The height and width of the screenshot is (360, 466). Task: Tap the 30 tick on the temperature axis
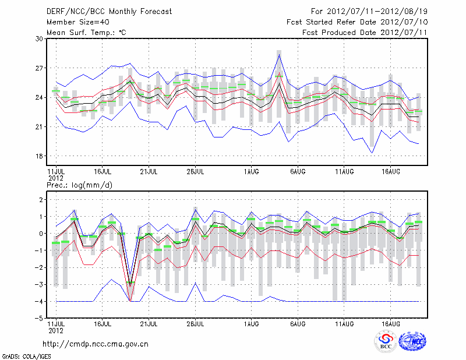(x=40, y=38)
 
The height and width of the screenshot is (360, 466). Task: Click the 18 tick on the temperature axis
(x=40, y=156)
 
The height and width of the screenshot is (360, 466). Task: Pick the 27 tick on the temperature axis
(x=40, y=68)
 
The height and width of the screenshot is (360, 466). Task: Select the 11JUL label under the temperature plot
(x=56, y=172)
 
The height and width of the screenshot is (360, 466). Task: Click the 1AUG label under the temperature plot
(x=252, y=172)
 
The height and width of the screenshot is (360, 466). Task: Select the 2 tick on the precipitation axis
(x=41, y=200)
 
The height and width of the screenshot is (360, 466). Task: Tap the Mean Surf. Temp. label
(x=86, y=33)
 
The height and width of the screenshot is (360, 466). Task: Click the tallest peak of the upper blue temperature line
(x=280, y=55)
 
